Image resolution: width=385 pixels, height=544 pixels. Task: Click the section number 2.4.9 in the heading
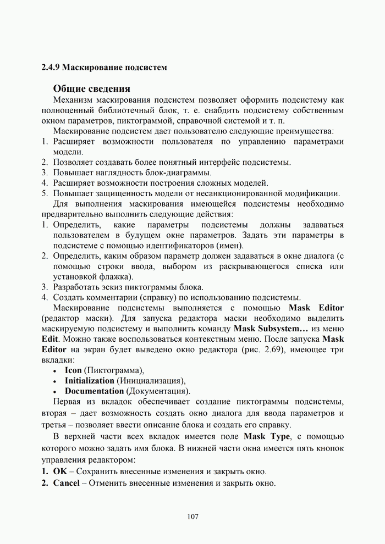tap(51, 68)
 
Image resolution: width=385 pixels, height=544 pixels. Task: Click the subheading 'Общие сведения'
tap(92, 88)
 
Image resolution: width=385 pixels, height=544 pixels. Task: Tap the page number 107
tap(193, 517)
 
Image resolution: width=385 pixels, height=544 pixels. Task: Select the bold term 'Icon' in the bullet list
tap(73, 370)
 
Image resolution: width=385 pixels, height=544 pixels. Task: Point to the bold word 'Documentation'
tap(94, 391)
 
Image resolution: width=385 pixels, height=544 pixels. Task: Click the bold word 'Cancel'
tap(66, 483)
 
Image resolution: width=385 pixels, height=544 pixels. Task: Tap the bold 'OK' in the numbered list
tap(59, 471)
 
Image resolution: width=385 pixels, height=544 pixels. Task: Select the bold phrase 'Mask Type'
tap(265, 436)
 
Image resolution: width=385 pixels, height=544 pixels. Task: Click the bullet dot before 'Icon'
tap(55, 370)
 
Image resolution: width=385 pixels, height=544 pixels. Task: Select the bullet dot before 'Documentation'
tap(55, 392)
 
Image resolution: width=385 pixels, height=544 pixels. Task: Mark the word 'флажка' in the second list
tap(117, 276)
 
